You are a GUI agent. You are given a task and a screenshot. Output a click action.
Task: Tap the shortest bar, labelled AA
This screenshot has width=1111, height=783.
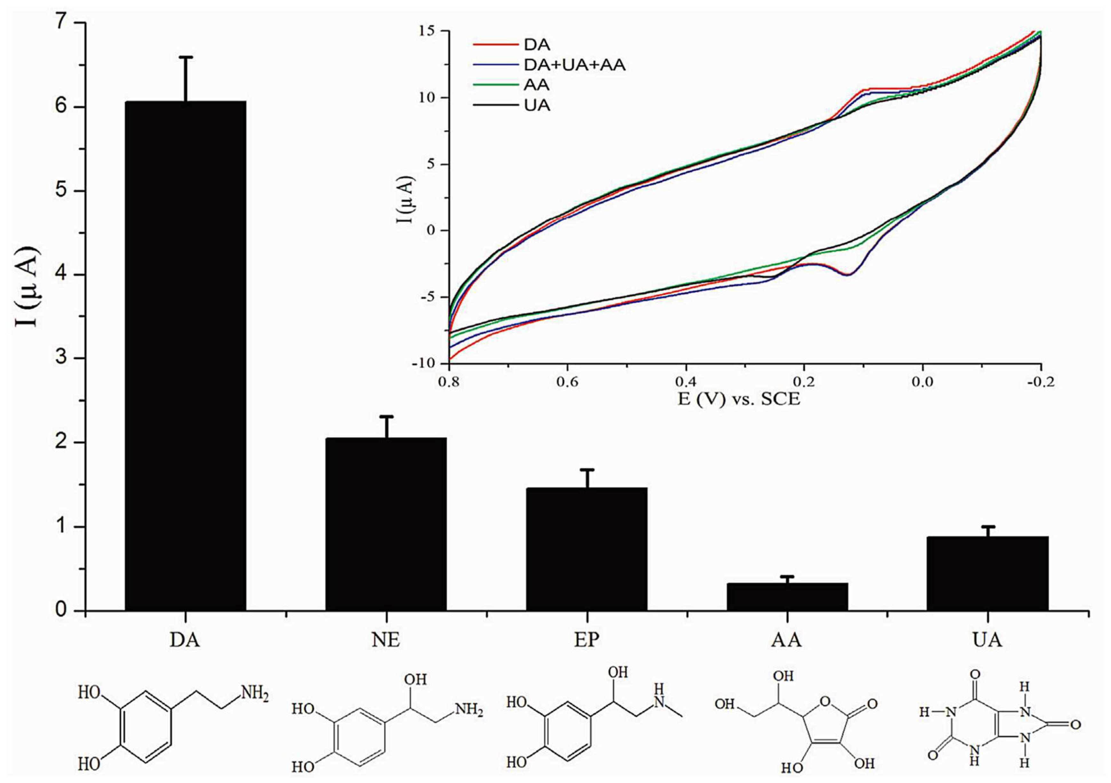click(787, 597)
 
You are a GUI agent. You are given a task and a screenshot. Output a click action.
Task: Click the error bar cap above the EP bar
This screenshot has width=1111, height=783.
click(587, 470)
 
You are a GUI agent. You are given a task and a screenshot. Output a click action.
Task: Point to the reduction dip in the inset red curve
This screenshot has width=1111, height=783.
click(848, 274)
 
